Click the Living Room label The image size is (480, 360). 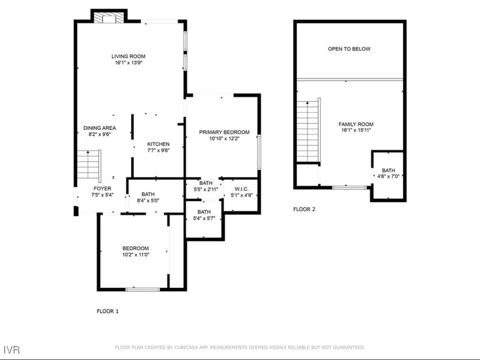pos(128,56)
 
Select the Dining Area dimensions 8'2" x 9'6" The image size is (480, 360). pos(99,134)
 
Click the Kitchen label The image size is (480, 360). pos(158,144)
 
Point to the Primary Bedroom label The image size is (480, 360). pos(224,132)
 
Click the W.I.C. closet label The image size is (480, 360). pos(241,189)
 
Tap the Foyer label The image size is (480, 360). pos(102,188)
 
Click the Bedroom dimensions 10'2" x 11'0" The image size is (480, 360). pos(135,254)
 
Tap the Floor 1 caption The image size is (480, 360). pos(107,311)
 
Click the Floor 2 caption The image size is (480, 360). pos(304,209)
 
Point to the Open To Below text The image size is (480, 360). pos(349,49)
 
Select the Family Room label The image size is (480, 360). pos(355,124)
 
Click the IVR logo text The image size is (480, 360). pos(11,350)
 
